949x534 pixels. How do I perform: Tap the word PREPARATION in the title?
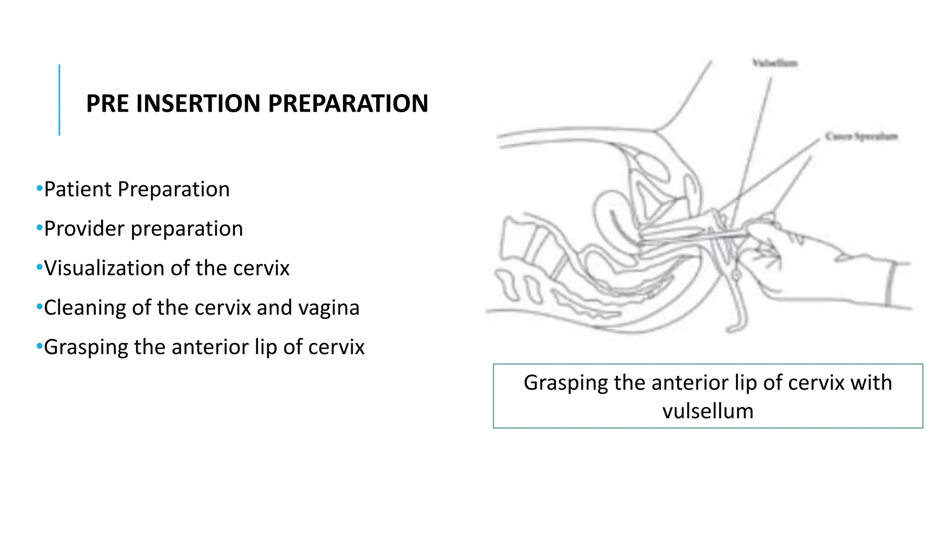point(348,103)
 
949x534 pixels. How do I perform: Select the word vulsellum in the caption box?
point(708,411)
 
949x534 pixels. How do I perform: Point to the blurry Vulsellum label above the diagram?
point(774,63)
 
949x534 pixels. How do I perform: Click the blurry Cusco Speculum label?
point(861,136)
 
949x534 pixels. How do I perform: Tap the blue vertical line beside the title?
point(59,100)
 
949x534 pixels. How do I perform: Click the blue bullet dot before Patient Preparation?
point(39,189)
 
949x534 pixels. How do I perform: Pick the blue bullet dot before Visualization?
point(39,267)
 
